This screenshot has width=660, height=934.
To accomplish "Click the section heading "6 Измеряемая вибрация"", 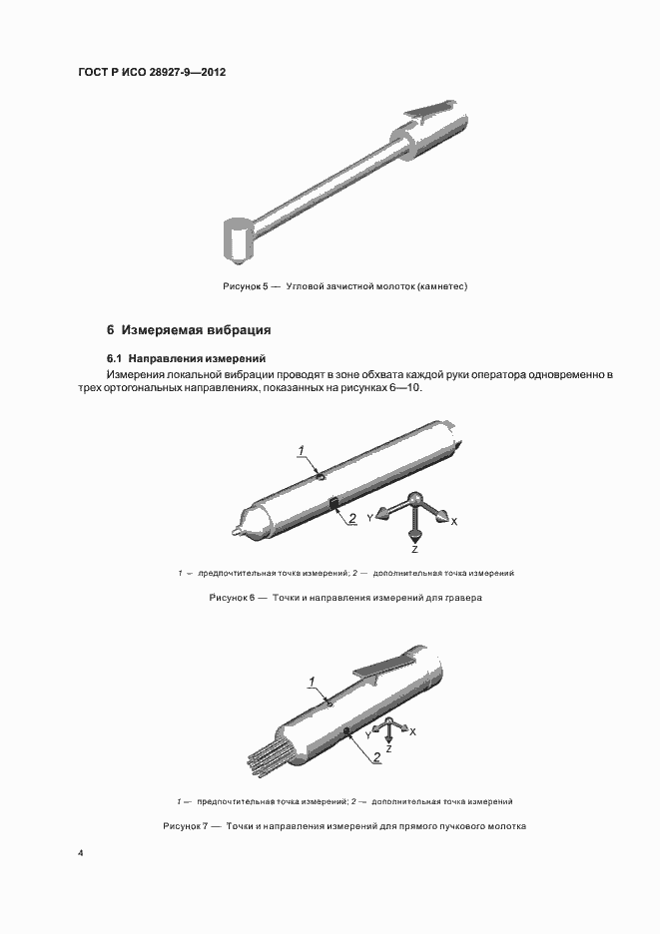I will [190, 329].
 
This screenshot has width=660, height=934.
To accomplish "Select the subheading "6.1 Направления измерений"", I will [186, 358].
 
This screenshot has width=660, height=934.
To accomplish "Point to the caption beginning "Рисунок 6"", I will [345, 598].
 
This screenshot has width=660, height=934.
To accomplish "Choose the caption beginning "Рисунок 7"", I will [344, 826].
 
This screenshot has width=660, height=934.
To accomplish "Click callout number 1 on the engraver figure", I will [301, 452].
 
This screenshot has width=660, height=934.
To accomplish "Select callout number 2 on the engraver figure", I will [351, 518].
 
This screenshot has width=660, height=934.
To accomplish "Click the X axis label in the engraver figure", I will [454, 521].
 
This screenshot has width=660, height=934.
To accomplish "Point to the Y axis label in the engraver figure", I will [370, 518].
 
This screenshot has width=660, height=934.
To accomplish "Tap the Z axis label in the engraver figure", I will [414, 550].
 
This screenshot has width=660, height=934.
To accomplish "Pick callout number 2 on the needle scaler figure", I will [376, 757].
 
